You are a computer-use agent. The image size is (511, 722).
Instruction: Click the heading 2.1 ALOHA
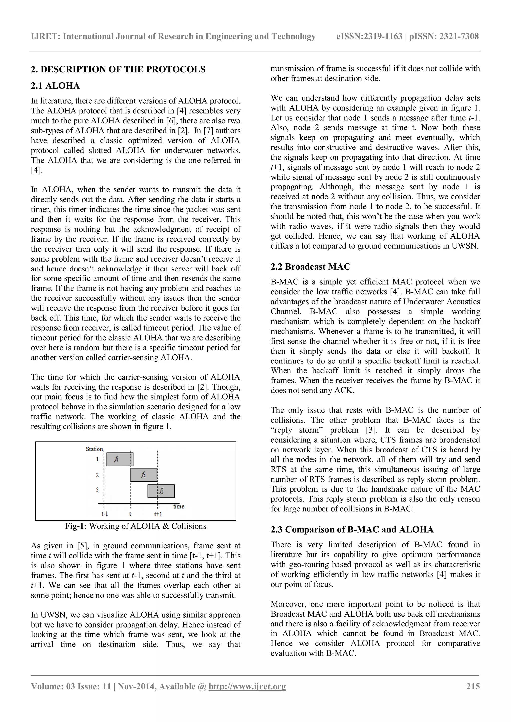55,86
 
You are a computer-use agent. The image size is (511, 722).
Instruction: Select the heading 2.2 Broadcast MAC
310,267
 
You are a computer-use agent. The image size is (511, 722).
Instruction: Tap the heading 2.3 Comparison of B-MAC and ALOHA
352,530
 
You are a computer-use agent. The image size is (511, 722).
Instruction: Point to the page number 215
473,686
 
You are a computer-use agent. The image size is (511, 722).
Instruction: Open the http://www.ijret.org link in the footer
247,686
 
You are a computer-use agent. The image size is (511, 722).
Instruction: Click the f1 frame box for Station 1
120,459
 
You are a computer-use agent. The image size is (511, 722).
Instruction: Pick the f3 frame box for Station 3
161,491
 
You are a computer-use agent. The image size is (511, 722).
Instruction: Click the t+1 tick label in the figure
158,514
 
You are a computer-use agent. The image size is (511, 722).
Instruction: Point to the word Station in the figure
94,449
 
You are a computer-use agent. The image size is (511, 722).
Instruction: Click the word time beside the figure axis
179,506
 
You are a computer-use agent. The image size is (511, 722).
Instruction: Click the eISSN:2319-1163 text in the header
369,36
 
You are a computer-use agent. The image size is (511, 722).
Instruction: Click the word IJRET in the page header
45,36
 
